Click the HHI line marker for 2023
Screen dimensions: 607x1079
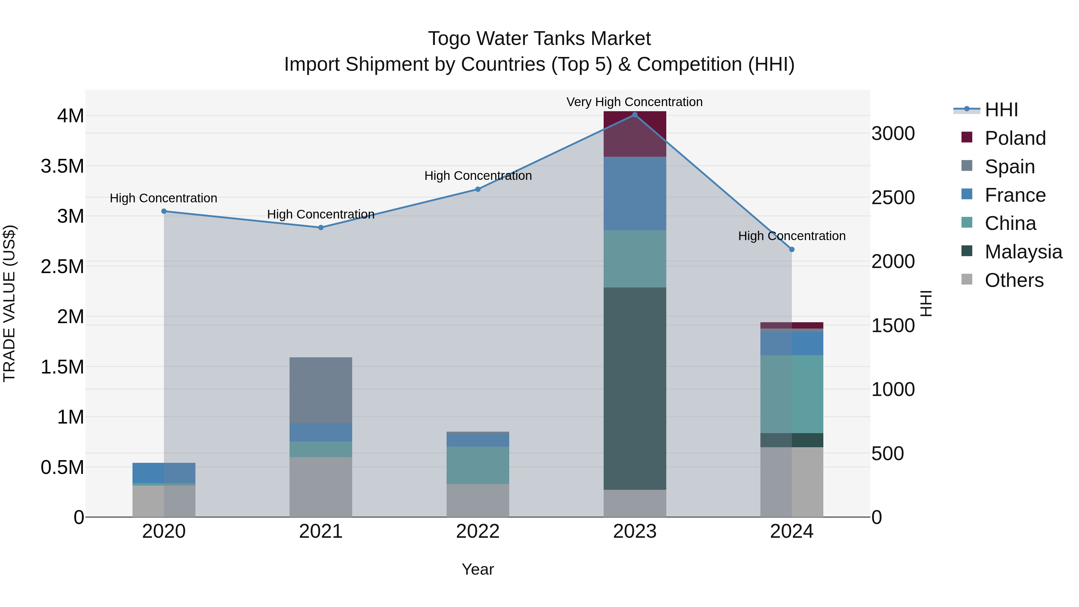pyautogui.click(x=635, y=115)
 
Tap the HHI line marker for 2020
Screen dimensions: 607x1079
pyautogui.click(x=164, y=211)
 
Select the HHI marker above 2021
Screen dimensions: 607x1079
pyautogui.click(x=321, y=228)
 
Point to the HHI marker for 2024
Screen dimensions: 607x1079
pyautogui.click(x=792, y=249)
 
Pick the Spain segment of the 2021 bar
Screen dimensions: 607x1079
pyautogui.click(x=321, y=390)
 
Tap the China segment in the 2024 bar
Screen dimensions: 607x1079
pyautogui.click(x=792, y=394)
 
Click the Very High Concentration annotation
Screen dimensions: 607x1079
pyautogui.click(x=634, y=102)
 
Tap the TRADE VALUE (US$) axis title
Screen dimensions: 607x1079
pyautogui.click(x=9, y=303)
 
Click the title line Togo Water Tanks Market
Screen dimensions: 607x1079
pyautogui.click(x=539, y=39)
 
